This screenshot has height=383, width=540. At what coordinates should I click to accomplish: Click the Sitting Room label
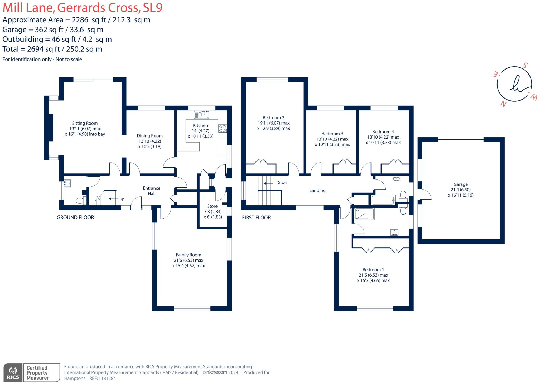pos(85,123)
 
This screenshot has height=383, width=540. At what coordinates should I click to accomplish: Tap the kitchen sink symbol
pos(201,115)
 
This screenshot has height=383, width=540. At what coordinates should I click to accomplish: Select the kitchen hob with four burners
pos(222,129)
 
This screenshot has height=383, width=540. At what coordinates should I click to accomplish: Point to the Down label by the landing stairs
pos(281,183)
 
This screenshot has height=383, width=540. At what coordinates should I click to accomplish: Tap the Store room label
pos(212,206)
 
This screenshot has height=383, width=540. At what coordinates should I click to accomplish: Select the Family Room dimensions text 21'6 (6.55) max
pos(189,260)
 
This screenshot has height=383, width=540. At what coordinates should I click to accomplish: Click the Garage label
pos(460,184)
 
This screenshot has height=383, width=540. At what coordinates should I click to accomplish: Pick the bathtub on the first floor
pos(383,200)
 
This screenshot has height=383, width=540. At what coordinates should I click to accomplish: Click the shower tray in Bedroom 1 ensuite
pos(365,214)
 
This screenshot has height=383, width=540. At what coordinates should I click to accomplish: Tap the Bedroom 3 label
pos(332,134)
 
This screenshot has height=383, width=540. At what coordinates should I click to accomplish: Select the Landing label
pos(317,190)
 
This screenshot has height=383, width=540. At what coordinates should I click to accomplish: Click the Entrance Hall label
pos(151,191)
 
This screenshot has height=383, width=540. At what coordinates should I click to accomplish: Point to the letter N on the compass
pos(503,104)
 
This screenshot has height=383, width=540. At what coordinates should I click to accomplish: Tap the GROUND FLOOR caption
pos(75,217)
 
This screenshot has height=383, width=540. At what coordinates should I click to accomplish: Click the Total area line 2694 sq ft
pos(52,49)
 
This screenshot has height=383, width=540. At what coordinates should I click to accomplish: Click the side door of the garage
pos(425,195)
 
